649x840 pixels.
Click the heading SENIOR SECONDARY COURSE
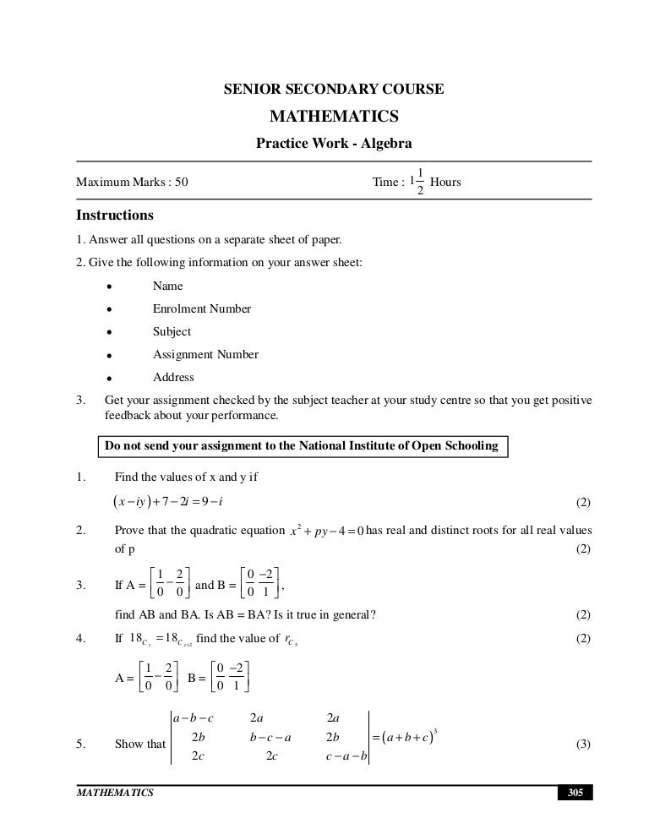point(334,89)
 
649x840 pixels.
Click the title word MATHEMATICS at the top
point(334,116)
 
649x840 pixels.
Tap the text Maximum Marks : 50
point(132,182)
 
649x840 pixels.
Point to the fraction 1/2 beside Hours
point(420,182)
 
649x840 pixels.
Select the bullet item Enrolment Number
point(201,308)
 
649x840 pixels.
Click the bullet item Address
point(173,377)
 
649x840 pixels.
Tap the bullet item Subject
point(172,331)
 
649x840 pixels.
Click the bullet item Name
point(167,286)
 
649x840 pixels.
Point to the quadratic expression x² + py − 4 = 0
point(325,531)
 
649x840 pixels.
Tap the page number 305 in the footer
point(575,793)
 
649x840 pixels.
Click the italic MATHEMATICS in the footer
point(115,793)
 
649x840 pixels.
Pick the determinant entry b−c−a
point(270,736)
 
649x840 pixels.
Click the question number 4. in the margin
point(82,638)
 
